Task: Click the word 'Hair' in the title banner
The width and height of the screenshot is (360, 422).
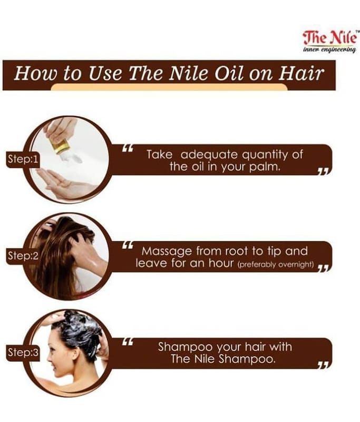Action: [x=301, y=73]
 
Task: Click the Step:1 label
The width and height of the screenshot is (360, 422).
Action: [x=23, y=159]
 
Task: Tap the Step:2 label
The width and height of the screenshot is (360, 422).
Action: [x=23, y=256]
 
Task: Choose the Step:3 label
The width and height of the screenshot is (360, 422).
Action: [x=23, y=352]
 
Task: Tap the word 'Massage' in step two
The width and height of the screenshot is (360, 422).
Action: [x=167, y=252]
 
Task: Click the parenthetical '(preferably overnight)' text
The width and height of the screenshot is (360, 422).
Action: [x=276, y=265]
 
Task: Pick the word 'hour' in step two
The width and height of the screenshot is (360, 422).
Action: [x=220, y=263]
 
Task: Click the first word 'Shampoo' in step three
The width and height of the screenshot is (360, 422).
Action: [x=184, y=347]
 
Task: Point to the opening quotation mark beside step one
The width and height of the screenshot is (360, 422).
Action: [x=128, y=148]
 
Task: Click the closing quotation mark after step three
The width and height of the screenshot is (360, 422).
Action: [x=324, y=366]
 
